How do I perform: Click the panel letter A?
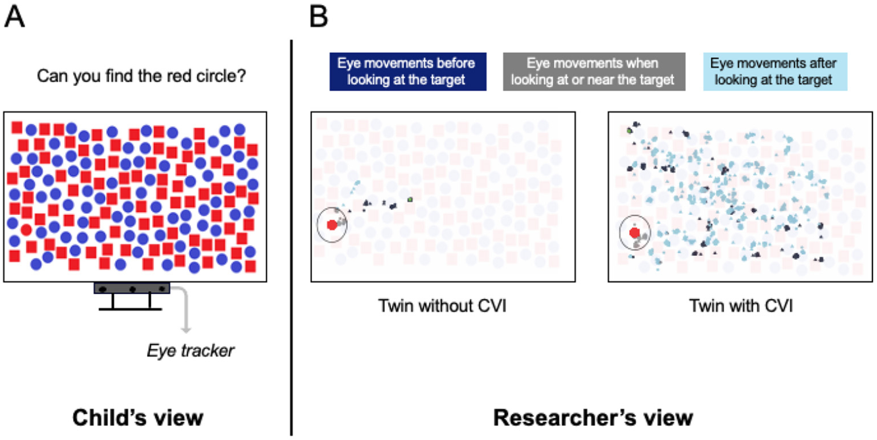point(15,17)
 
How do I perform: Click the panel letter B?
point(319,17)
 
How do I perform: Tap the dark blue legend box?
point(408,71)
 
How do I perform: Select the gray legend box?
point(593,71)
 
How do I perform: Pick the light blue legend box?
point(775,71)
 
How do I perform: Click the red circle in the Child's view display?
point(26,229)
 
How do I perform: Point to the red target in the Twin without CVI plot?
point(332,225)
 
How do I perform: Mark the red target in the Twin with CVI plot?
point(635,233)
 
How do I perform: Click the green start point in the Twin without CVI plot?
point(411,200)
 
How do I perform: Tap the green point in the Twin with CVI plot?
point(629,131)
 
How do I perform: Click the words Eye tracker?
point(190,351)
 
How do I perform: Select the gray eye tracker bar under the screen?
point(132,288)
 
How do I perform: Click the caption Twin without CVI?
point(442,306)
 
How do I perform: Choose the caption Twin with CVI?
point(740,306)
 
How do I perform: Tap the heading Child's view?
point(138,417)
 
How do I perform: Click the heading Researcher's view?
point(593,417)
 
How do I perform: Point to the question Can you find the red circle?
point(141,76)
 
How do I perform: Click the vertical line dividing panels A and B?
point(291,238)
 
